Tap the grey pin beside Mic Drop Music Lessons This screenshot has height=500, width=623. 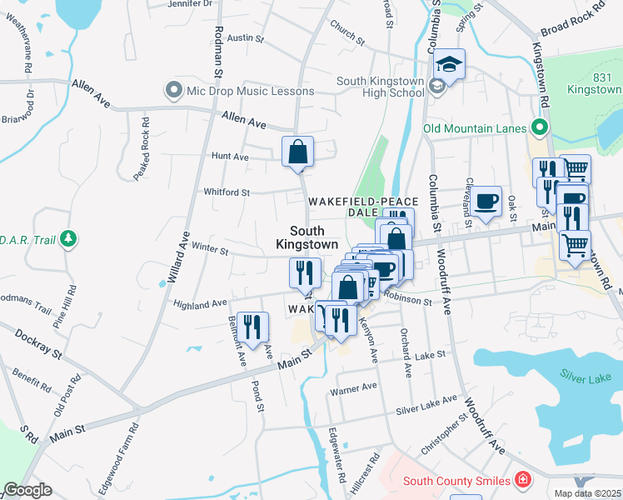(174, 90)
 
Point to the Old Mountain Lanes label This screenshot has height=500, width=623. (475, 128)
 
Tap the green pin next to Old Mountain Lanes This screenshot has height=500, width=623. (540, 128)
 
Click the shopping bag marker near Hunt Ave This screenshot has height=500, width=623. (297, 152)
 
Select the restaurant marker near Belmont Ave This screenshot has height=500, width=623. (252, 327)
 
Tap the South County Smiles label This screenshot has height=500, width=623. (456, 481)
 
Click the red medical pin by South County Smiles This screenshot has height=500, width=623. (522, 480)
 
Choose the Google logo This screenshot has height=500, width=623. (27, 490)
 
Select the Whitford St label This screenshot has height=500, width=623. (227, 192)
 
